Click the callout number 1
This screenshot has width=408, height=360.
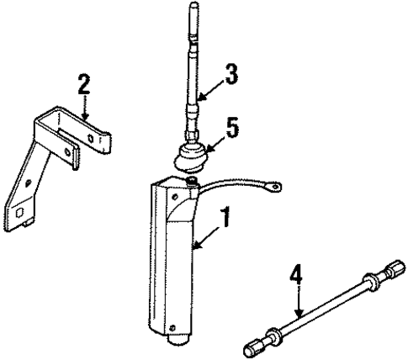225,217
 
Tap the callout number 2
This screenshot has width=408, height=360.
84,83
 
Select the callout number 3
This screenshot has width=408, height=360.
231,74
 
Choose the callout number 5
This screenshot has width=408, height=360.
232,128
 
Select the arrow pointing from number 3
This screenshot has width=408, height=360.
211,90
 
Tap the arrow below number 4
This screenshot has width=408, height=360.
299,300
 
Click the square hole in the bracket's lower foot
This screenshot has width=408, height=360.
19,214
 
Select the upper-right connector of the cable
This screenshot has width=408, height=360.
396,267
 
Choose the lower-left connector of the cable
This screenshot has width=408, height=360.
253,347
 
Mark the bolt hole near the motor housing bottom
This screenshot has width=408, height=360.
172,327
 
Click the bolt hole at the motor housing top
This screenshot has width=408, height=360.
175,197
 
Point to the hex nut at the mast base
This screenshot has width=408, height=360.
193,135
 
